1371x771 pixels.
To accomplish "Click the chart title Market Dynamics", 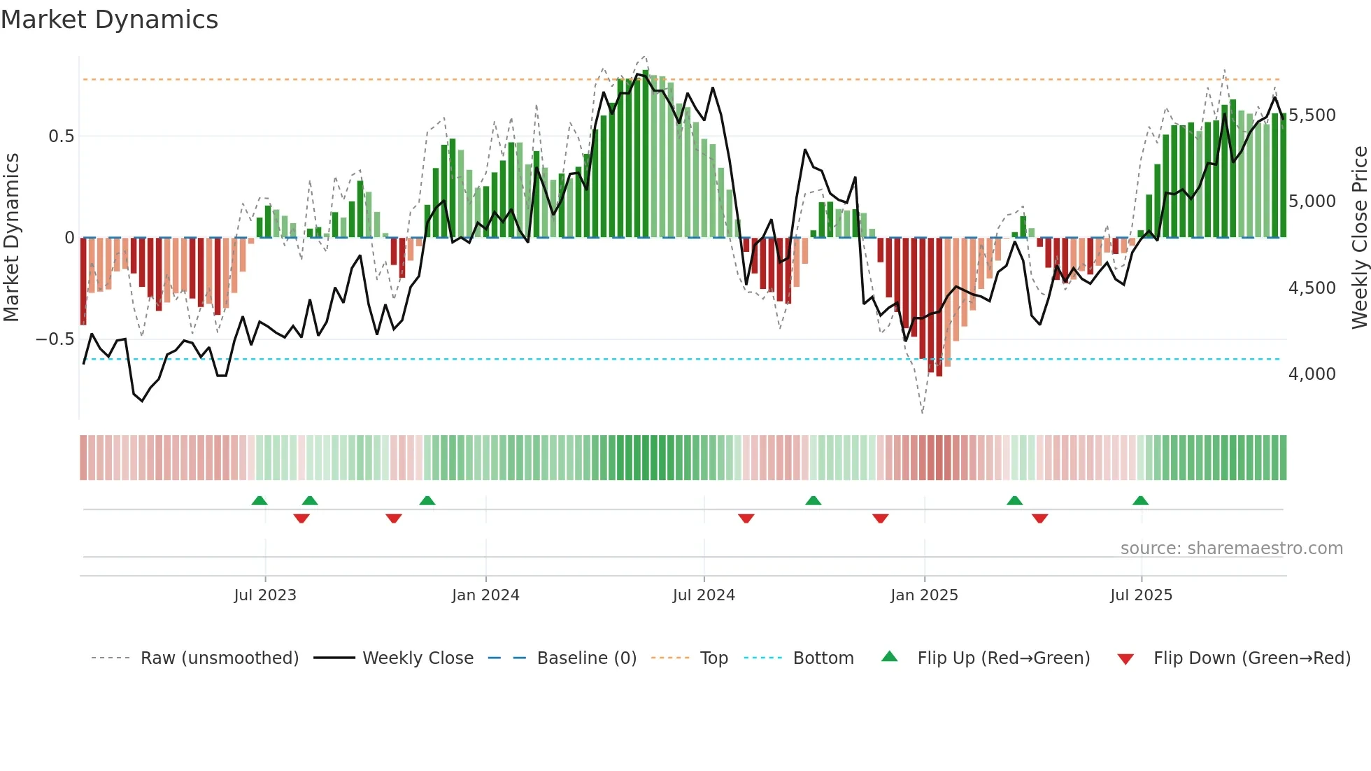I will tap(110, 20).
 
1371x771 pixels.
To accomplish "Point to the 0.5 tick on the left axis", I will tap(61, 136).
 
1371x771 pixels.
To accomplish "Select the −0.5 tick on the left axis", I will tap(55, 339).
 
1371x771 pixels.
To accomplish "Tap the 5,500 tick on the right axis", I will tap(1312, 115).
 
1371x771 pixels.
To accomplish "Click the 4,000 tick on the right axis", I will tap(1312, 374).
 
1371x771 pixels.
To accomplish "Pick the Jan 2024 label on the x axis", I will tap(485, 595).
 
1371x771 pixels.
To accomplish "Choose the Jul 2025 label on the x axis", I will tap(1141, 595).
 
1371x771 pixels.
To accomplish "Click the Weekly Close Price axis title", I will tap(1359, 238).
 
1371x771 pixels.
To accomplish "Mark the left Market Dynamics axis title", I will tap(12, 238).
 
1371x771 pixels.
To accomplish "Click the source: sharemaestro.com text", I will tap(1231, 549).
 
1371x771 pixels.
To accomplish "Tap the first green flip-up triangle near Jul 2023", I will tap(260, 501).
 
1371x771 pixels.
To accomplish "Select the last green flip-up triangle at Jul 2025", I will tap(1140, 501).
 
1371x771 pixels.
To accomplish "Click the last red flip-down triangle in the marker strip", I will tap(1039, 518).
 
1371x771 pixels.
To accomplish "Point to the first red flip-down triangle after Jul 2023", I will tap(301, 518).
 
